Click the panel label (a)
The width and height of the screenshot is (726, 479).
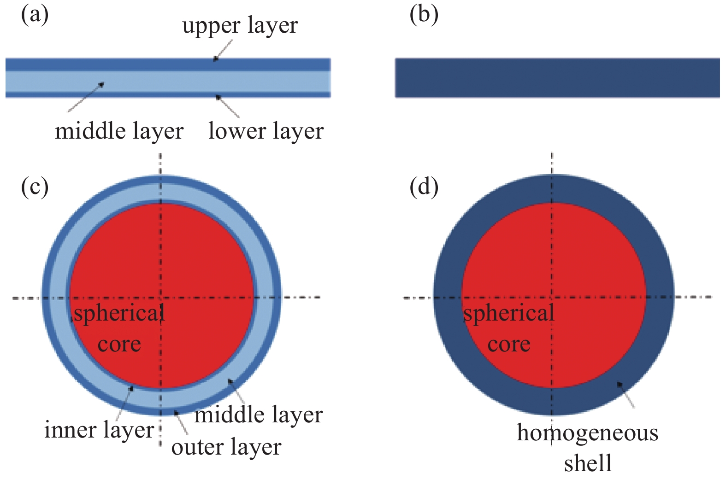pyautogui.click(x=35, y=15)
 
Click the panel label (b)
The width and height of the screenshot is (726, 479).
pyautogui.click(x=424, y=15)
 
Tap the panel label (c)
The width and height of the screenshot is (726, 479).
pyautogui.click(x=35, y=187)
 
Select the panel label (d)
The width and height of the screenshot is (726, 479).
pyautogui.click(x=424, y=187)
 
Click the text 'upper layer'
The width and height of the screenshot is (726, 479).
pyautogui.click(x=240, y=26)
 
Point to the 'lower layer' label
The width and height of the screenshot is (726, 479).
pyautogui.click(x=266, y=131)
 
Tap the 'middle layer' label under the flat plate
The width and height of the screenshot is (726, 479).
pyautogui.click(x=119, y=131)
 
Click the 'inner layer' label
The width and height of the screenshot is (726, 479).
pyautogui.click(x=99, y=430)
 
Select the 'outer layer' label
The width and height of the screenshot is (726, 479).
pyautogui.click(x=226, y=447)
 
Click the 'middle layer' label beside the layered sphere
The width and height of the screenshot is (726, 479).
pyautogui.click(x=258, y=415)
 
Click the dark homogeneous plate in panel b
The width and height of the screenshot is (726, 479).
pyautogui.click(x=557, y=78)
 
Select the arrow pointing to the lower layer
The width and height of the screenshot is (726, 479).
pyautogui.click(x=228, y=106)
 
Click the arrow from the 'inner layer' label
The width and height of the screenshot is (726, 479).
pyautogui.click(x=124, y=403)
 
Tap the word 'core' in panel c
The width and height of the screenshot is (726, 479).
pyautogui.click(x=119, y=345)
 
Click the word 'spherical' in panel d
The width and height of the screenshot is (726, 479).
pyautogui.click(x=508, y=314)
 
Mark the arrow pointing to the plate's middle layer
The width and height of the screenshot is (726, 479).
pyautogui.click(x=86, y=97)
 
